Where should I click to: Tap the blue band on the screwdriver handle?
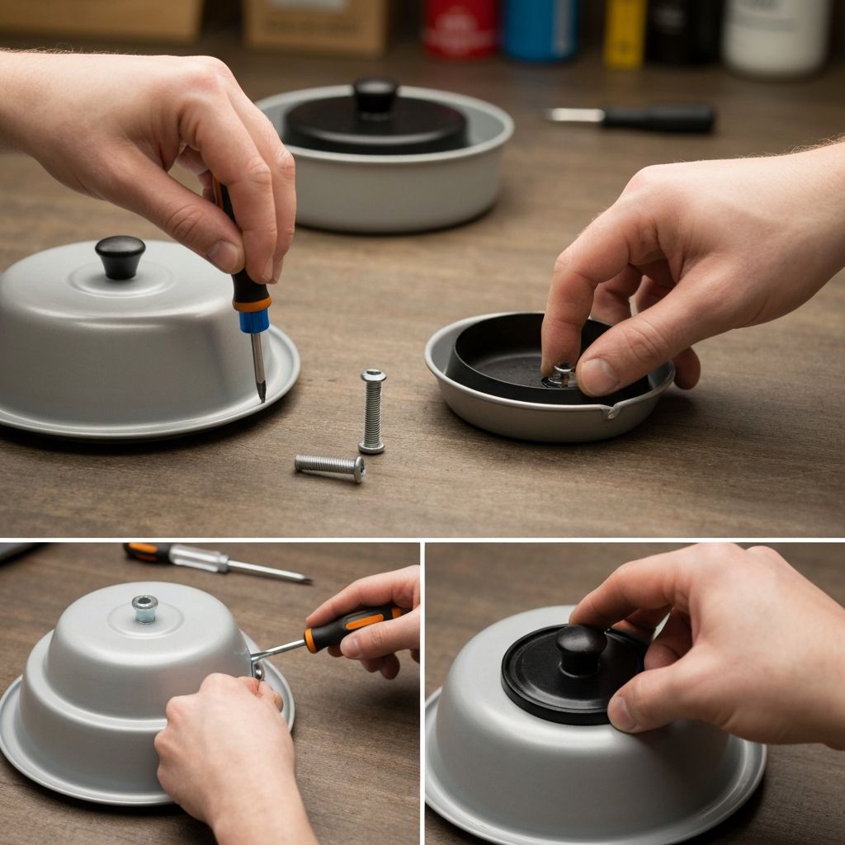point(254,321)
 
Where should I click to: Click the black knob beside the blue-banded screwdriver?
point(120,255)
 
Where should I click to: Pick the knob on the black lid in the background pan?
point(375,94)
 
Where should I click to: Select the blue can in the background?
point(541,30)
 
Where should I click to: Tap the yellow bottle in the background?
point(624,33)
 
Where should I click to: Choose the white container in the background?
point(776,37)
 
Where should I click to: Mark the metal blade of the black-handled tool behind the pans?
point(575,116)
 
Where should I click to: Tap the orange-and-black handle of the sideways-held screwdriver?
point(351,626)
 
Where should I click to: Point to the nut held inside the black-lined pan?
point(563,374)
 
